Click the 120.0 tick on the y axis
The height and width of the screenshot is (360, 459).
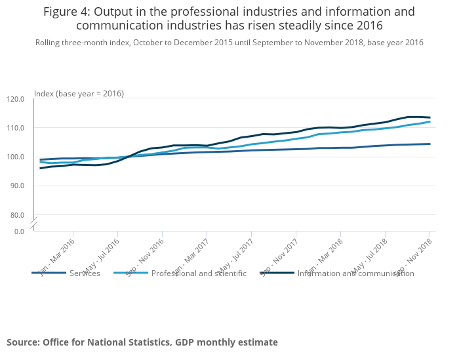[x=15, y=99]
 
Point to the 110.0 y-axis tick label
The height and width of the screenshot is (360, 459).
[x=15, y=128]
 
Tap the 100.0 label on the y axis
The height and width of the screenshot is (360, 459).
[x=15, y=157]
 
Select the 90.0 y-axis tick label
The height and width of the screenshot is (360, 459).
[x=17, y=186]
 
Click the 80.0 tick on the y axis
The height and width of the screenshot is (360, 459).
[x=17, y=214]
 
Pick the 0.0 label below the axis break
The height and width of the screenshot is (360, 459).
[x=19, y=231]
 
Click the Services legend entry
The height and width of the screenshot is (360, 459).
[x=85, y=273]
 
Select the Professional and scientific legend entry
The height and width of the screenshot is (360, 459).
[x=199, y=273]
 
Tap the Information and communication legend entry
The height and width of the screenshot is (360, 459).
[x=355, y=273]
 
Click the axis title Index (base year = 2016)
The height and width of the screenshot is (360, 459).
[x=79, y=94]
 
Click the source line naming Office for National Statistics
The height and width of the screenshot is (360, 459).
[x=142, y=342]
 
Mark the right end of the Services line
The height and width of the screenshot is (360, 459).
[x=429, y=144]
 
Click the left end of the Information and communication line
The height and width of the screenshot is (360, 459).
[x=41, y=168]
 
